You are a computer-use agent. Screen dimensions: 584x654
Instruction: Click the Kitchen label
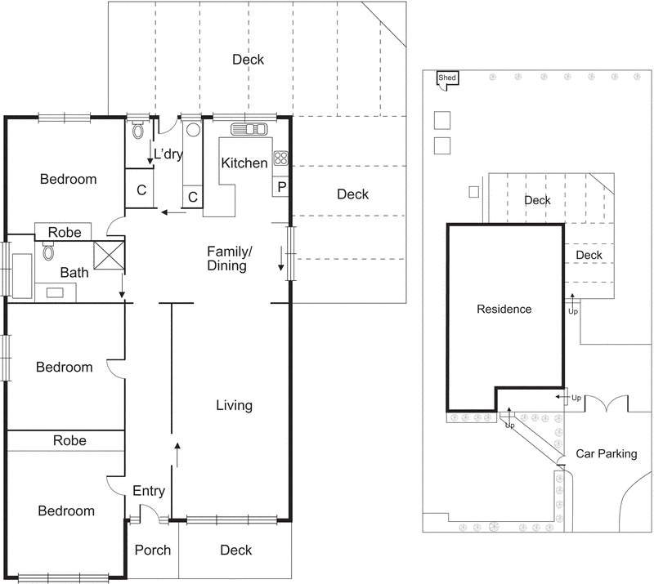[244, 163]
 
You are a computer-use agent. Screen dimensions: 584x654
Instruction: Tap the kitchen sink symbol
[249, 128]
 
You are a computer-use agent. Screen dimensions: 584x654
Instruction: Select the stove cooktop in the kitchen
[281, 158]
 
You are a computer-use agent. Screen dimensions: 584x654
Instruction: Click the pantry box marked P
[281, 187]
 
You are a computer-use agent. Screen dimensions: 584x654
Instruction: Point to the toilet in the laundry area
[137, 129]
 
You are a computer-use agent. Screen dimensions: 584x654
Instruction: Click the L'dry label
[168, 154]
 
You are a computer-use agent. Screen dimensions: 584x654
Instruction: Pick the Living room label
[234, 405]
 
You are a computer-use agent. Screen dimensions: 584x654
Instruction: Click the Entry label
[149, 491]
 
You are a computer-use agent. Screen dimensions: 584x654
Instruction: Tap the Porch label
[153, 550]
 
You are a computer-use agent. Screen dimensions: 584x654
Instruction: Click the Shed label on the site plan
[447, 78]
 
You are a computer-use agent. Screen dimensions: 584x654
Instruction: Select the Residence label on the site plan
[504, 309]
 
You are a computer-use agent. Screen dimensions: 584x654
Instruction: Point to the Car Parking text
[606, 453]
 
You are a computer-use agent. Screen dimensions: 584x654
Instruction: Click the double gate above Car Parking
[607, 403]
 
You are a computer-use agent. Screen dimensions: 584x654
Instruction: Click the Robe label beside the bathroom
[65, 232]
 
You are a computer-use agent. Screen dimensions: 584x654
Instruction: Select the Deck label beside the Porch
[236, 550]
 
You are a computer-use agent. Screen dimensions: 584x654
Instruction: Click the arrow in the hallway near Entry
[177, 448]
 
